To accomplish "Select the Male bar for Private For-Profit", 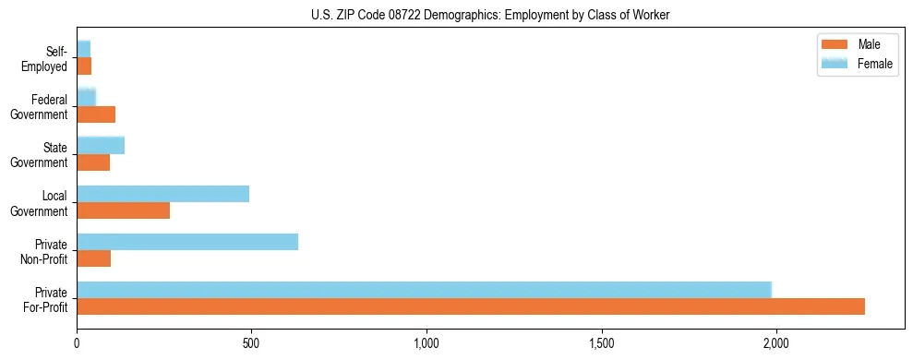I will coord(471,306).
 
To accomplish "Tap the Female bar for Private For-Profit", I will coord(424,290).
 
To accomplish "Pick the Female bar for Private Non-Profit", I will coord(187,242).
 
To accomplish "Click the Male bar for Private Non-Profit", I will coord(94,258).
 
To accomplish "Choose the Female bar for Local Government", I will coord(163,194).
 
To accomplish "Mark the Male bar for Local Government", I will coord(124,210).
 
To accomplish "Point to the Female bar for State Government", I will coord(101,145).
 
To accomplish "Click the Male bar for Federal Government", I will coord(96,114).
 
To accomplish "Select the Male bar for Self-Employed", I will coord(84,66).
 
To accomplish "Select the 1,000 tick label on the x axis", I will coord(426,343).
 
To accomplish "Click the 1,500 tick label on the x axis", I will coord(602,343).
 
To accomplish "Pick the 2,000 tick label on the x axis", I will coord(776,343).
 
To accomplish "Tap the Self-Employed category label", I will coord(45,59).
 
